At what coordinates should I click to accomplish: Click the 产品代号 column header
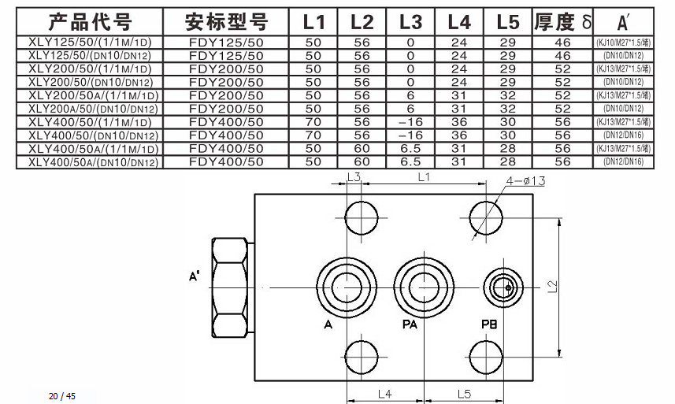click(91, 21)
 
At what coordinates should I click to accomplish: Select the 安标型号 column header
click(226, 21)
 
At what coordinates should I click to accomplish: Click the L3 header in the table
click(410, 21)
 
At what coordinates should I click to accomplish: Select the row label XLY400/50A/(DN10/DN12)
click(90, 162)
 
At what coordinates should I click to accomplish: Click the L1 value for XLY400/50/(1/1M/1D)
click(313, 123)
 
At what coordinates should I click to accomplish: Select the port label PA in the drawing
click(409, 324)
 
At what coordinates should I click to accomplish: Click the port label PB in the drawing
click(491, 324)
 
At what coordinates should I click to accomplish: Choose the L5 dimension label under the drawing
click(462, 392)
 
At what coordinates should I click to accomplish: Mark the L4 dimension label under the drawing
click(384, 392)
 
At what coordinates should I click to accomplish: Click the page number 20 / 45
click(61, 395)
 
